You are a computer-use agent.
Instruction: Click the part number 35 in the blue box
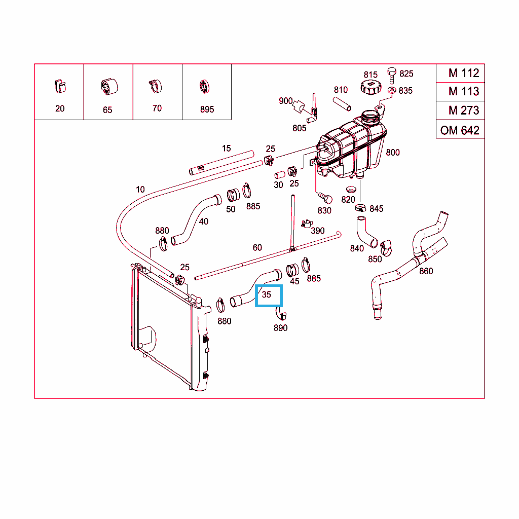coord(267,294)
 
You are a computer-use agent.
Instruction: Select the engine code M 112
coord(463,73)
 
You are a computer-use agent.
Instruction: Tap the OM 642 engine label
coord(460,130)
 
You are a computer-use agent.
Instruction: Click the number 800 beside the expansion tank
coord(392,152)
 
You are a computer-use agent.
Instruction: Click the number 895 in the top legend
coord(207,109)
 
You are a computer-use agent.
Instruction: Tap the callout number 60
coord(257,247)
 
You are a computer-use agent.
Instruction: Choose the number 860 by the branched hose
coord(426,271)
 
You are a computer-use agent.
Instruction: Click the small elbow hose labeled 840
coord(365,231)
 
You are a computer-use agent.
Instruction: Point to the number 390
coord(318,231)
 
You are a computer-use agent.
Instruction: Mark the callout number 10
coord(140,190)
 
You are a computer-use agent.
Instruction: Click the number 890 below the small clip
coord(280,328)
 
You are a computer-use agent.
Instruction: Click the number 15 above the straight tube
coord(226,149)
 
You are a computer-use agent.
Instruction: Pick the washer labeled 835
coord(391,90)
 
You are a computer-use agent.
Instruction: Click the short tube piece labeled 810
coord(342,102)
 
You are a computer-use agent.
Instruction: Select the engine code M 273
coord(463,110)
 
